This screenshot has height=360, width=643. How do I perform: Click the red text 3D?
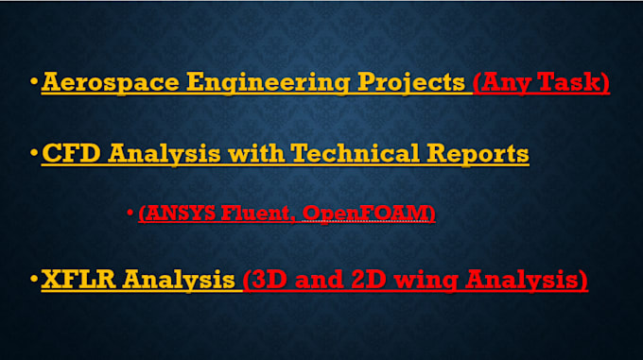coord(269,281)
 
